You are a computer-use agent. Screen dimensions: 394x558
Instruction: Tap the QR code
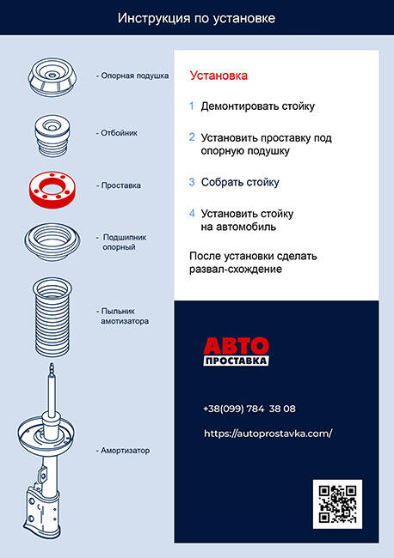337,504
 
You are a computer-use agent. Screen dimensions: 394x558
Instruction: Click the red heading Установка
219,76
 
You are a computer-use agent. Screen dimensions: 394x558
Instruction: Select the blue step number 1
192,106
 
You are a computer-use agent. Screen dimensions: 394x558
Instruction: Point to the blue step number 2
192,137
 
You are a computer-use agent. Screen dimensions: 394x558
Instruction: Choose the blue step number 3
192,182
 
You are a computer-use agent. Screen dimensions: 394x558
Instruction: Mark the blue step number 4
192,214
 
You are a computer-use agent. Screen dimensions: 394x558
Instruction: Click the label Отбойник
119,133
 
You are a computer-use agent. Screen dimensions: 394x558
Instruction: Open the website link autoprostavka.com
268,434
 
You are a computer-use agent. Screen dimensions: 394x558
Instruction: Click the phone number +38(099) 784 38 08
249,409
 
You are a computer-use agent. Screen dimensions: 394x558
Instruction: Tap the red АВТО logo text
236,345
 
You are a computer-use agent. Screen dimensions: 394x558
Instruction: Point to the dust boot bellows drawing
52,317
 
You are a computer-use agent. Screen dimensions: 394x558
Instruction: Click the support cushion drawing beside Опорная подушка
52,77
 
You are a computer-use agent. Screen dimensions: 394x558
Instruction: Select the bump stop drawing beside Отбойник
52,136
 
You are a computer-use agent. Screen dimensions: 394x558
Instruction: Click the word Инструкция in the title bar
154,19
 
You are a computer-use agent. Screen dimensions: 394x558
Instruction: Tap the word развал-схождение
236,269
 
